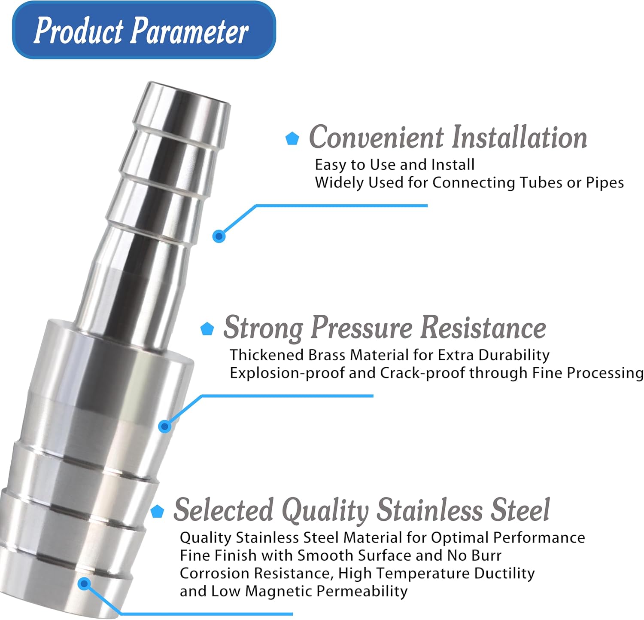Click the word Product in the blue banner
tap(79, 31)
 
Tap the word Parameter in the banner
tap(190, 31)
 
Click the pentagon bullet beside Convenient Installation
tap(292, 138)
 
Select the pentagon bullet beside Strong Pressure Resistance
tap(207, 329)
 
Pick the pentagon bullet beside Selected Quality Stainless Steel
tap(157, 511)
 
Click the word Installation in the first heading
tap(519, 138)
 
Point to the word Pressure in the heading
tap(361, 328)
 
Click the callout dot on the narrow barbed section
tap(219, 236)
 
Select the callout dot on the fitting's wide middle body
tap(164, 427)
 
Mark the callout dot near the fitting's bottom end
tap(84, 583)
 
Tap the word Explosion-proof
tap(287, 373)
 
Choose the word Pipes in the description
tap(605, 183)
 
